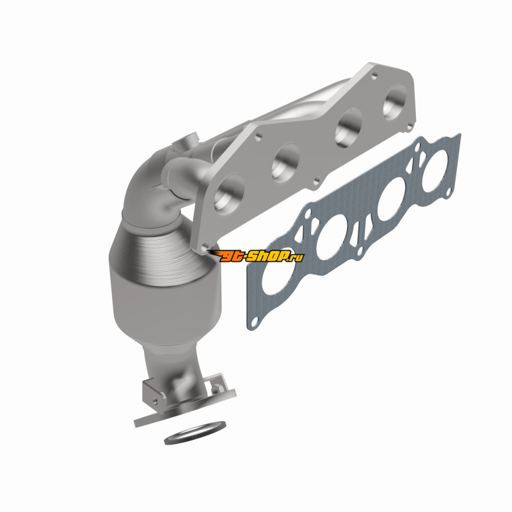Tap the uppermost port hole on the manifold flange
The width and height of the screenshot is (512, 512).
(x=394, y=102)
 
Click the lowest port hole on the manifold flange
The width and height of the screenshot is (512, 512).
(x=229, y=195)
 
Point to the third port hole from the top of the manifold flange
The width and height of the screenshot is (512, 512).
(x=285, y=163)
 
